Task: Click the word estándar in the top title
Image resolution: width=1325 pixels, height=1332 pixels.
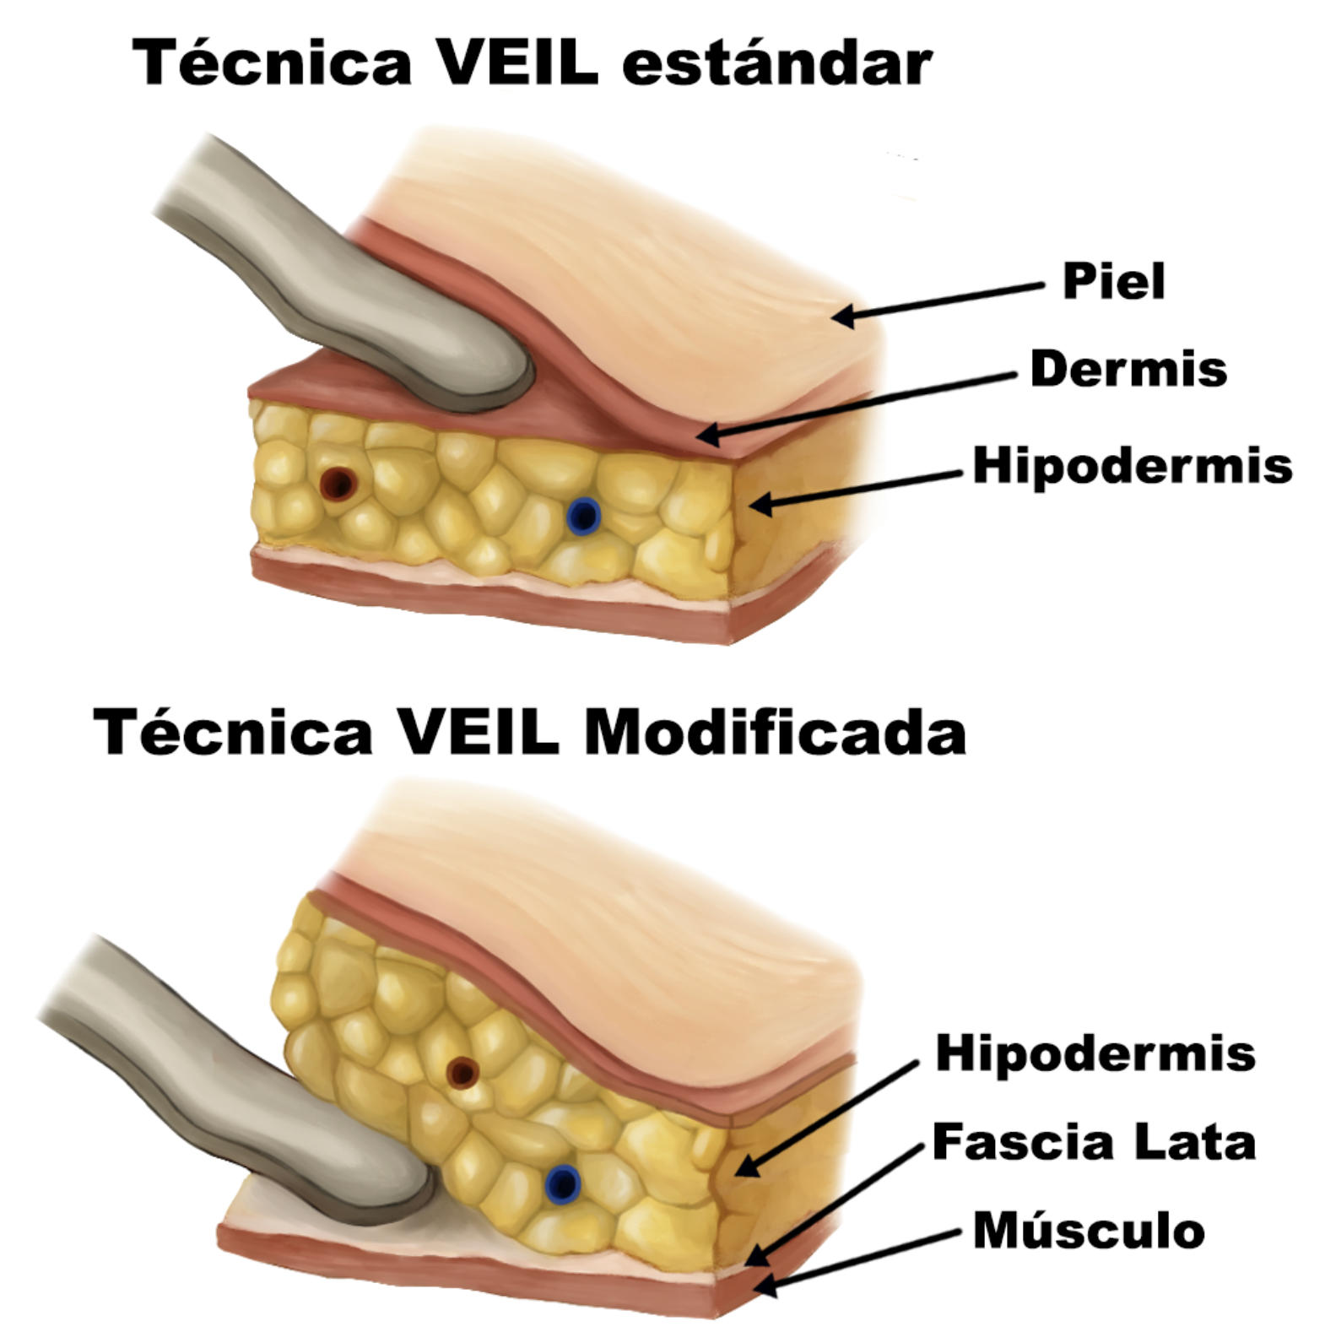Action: (776, 62)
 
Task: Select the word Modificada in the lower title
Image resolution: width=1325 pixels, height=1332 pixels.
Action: (774, 731)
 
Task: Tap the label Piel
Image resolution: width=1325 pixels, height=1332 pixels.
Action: (1113, 281)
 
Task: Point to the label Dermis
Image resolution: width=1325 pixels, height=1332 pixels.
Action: (1128, 369)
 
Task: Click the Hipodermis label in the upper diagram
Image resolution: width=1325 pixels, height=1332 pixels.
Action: (1132, 465)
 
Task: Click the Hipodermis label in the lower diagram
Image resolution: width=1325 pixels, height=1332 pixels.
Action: (1095, 1053)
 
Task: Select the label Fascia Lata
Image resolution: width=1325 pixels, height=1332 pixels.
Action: (1094, 1142)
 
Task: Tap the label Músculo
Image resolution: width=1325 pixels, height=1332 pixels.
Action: (1088, 1230)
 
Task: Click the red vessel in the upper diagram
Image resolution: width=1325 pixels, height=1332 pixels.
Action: (338, 484)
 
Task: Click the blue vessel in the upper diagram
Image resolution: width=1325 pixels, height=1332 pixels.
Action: (582, 516)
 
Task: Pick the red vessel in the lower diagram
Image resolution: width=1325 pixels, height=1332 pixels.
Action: (462, 1073)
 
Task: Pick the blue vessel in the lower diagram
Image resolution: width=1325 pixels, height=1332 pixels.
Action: (561, 1183)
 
